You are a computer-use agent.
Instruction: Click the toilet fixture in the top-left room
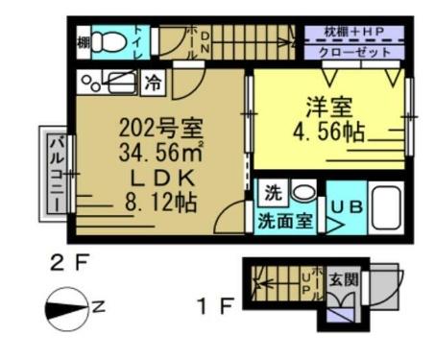tap(113, 42)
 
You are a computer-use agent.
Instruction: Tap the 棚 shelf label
tap(84, 42)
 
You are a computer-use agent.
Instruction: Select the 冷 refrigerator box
tap(153, 83)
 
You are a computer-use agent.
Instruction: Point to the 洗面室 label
tap(282, 220)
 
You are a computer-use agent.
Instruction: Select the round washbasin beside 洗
tap(302, 190)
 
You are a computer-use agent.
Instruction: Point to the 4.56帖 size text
tap(328, 133)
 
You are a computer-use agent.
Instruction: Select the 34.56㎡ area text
tap(159, 153)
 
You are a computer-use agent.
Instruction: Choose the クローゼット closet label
tap(353, 53)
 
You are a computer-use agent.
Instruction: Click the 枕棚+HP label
tap(353, 33)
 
